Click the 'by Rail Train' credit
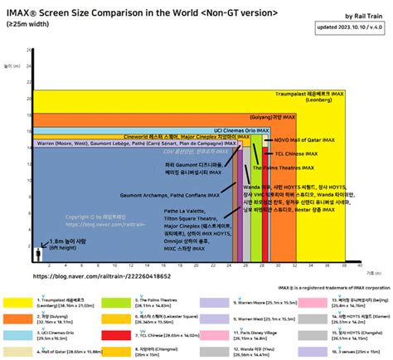click(359, 17)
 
